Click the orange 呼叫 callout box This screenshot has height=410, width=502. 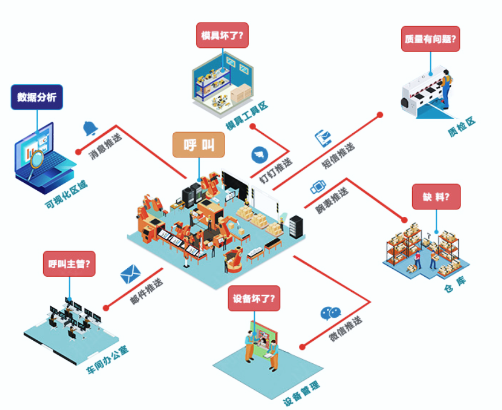tap(199, 145)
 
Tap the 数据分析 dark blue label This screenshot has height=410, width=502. tap(37, 97)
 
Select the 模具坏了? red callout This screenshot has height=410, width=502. tap(222, 35)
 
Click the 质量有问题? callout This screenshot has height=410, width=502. tap(431, 39)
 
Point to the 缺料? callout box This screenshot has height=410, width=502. tap(436, 197)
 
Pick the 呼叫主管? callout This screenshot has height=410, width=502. tap(70, 264)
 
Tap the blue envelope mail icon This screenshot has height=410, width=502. tap(131, 273)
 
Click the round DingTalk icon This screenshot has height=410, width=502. tap(260, 155)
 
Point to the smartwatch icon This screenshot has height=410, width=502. tap(318, 187)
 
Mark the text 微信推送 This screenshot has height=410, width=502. tap(346, 329)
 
